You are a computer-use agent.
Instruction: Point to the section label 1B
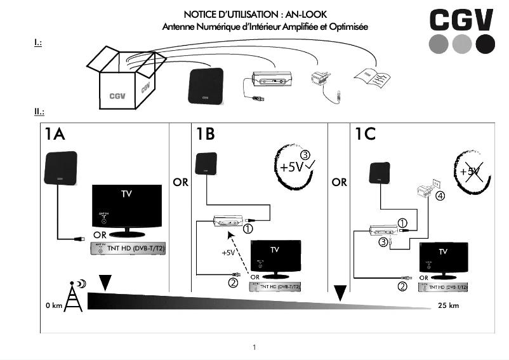click(x=204, y=135)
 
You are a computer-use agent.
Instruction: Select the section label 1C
click(x=365, y=135)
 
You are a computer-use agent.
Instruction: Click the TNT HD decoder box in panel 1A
click(x=127, y=250)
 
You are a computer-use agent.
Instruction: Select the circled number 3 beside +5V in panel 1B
click(x=305, y=154)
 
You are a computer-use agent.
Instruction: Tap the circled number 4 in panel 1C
click(x=439, y=196)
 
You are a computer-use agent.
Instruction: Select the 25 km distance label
click(x=448, y=305)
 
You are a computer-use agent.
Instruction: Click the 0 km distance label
click(x=53, y=305)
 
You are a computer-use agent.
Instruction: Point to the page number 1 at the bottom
click(x=255, y=347)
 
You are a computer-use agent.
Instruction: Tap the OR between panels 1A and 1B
click(x=180, y=182)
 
